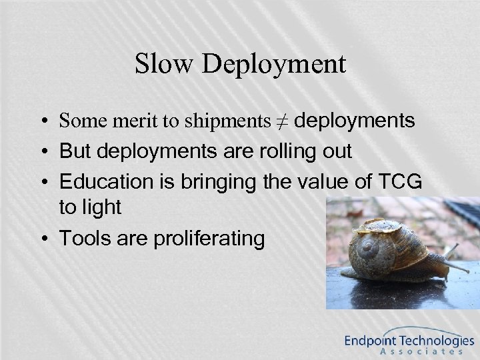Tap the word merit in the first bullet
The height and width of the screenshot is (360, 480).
[123, 122]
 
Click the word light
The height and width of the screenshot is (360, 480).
[99, 207]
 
